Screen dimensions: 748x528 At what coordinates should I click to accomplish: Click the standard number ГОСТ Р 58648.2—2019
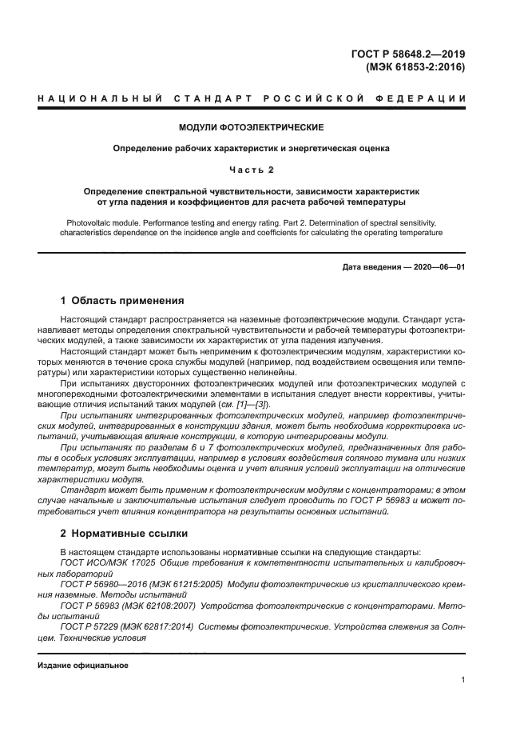[x=408, y=54]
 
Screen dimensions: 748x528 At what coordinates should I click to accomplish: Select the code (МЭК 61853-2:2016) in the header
[x=415, y=67]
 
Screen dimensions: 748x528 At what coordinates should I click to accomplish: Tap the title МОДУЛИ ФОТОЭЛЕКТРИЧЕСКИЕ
[x=251, y=127]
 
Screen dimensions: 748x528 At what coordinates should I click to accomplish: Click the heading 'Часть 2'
[x=252, y=170]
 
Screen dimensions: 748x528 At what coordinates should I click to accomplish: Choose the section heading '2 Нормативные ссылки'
[x=125, y=532]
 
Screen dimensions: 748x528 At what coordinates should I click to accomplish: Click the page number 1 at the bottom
[x=463, y=680]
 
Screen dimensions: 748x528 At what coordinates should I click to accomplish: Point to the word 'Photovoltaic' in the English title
[x=87, y=222]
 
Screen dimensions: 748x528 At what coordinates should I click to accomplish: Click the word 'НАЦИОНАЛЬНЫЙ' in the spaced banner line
[x=87, y=98]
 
